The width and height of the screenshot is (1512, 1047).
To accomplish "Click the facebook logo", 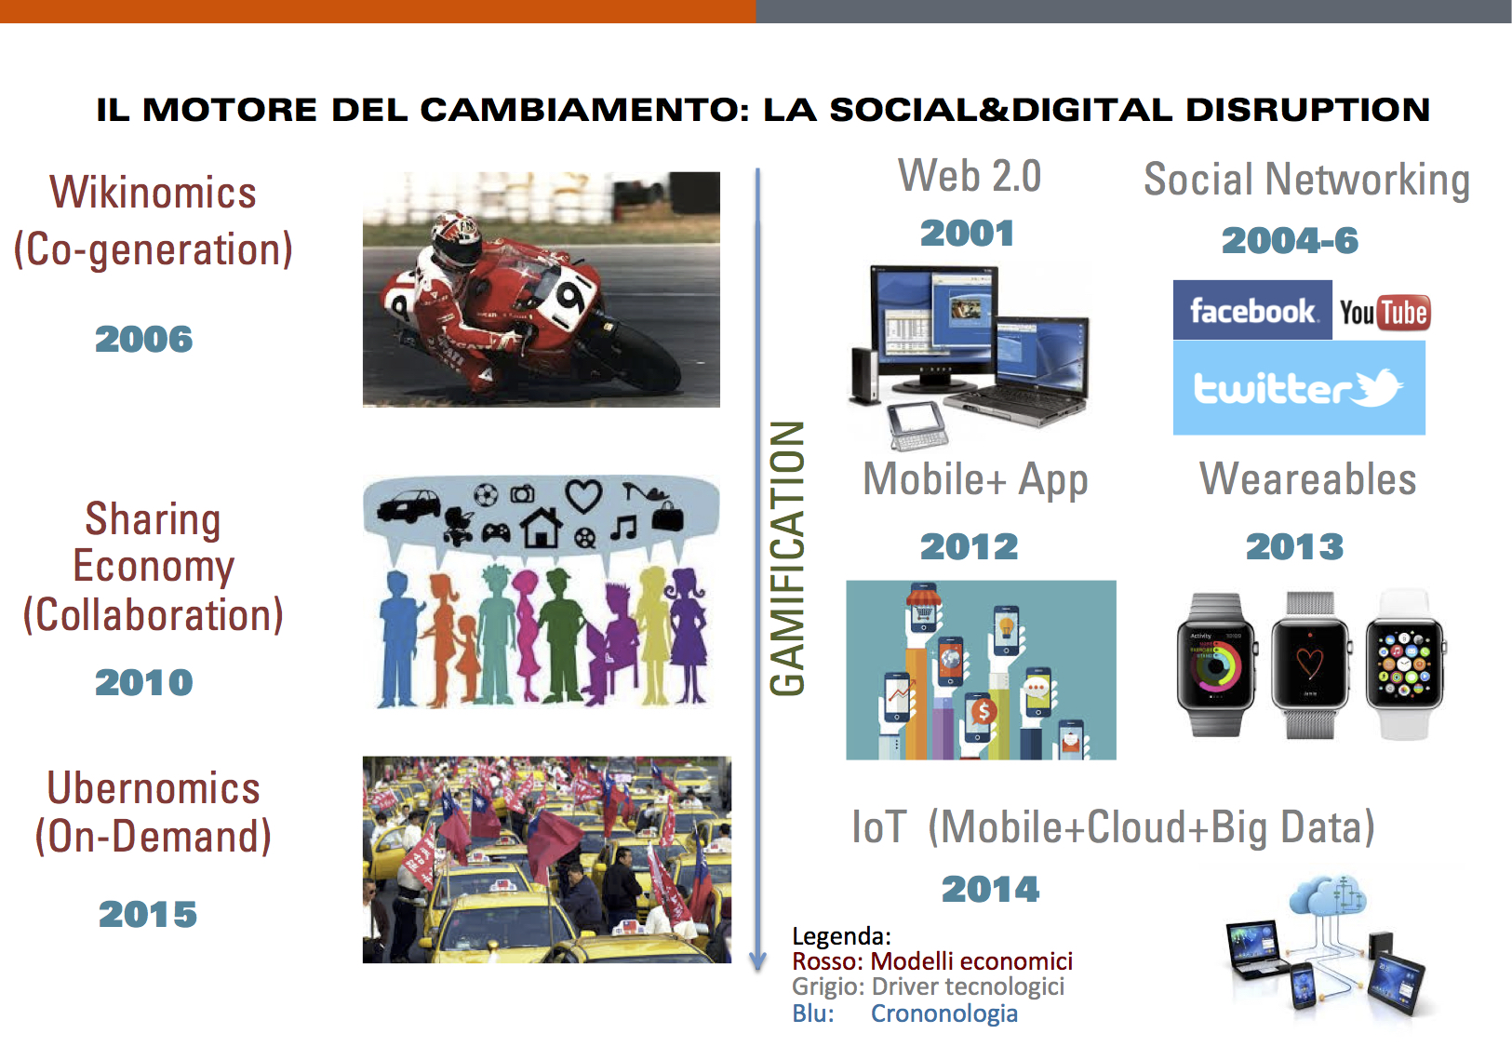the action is [1252, 310].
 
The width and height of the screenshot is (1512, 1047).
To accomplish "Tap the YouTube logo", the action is [1385, 313].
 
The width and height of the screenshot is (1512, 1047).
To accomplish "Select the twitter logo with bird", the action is [1299, 387].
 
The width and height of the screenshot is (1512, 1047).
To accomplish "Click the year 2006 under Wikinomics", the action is [144, 339].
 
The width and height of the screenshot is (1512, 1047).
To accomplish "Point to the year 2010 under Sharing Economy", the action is [144, 682].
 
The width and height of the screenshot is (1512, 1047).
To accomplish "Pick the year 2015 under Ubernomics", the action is [148, 915].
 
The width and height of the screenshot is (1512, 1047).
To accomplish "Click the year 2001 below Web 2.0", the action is [968, 234].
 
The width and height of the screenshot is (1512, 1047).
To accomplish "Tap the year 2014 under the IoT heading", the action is [990, 889].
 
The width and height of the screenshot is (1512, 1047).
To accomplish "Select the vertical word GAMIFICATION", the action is [787, 558].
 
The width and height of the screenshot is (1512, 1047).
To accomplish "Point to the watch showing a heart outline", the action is [1309, 664].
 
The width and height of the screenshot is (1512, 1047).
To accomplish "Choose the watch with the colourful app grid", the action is [1404, 664].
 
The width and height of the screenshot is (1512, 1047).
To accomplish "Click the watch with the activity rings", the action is [1216, 664].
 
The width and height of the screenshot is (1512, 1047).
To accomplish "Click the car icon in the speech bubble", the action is [408, 506].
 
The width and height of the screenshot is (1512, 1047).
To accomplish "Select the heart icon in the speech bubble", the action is [583, 495].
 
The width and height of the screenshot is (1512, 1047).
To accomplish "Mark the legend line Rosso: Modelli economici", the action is [932, 960].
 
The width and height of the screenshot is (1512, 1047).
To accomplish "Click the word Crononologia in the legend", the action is [943, 1013].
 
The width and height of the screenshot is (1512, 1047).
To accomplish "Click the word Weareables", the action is [1308, 479].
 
